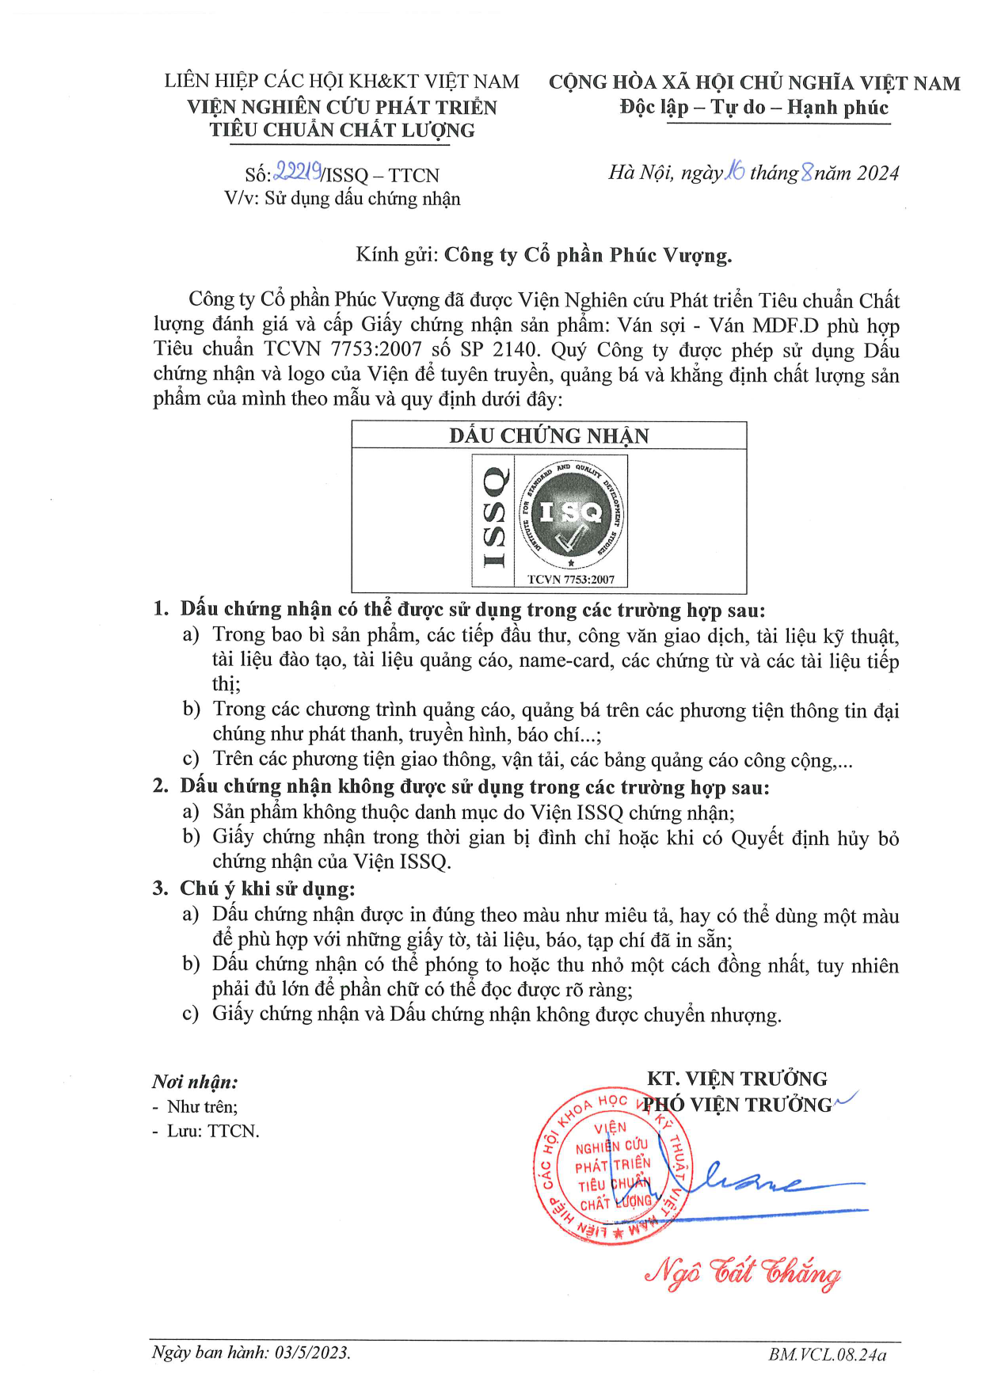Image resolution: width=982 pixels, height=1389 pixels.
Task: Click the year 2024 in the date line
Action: coord(877,173)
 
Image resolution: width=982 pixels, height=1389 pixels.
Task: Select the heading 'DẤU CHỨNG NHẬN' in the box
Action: coord(549,436)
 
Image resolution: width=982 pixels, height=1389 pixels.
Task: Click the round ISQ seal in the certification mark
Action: coord(571,514)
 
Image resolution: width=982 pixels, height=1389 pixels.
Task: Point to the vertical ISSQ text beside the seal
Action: coord(493,517)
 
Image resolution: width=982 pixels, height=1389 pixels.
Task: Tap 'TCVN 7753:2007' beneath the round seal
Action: coord(571,580)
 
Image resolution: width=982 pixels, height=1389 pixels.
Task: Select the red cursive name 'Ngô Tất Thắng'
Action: coord(742,1273)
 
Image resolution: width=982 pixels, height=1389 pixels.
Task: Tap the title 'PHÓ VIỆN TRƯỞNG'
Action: coord(737,1105)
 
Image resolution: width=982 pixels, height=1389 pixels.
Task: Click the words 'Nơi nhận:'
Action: coord(195,1082)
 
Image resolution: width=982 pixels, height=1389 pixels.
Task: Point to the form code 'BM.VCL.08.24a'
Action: coord(828,1354)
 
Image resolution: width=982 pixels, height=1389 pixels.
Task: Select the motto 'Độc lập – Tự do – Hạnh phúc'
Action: coord(754,108)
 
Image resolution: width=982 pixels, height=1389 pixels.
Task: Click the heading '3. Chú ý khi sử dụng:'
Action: coord(253,889)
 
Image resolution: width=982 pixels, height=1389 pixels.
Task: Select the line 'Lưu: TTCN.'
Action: coord(213,1131)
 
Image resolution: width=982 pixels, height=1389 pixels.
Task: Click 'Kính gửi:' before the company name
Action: coord(396,255)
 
